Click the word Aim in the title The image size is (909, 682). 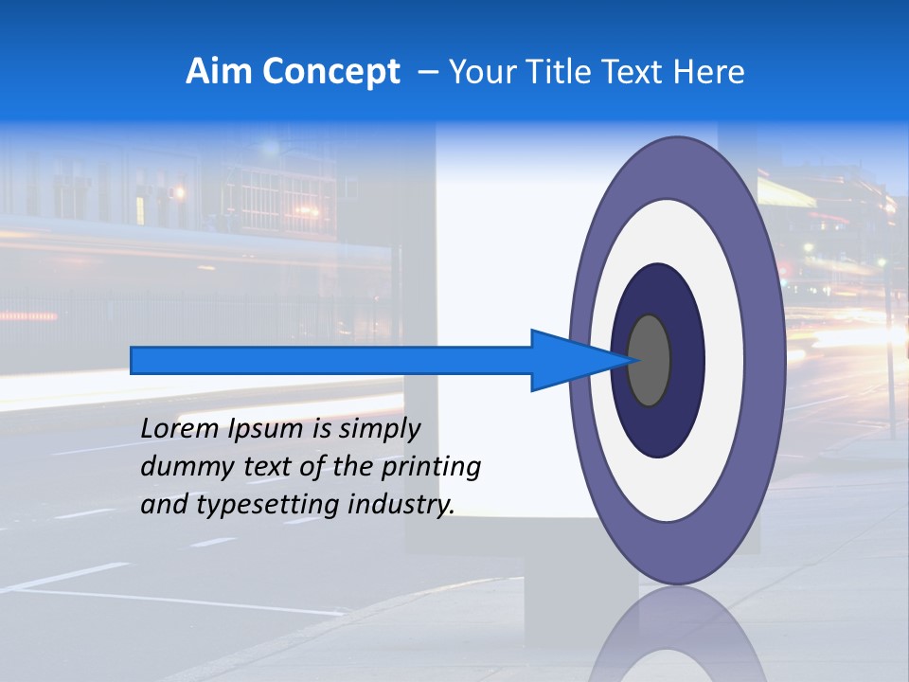coord(218,72)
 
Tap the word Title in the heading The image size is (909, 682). coord(549,72)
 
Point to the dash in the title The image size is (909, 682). coord(427,72)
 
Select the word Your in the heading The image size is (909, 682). coord(479,72)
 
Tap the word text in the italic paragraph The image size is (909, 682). coord(277,467)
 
